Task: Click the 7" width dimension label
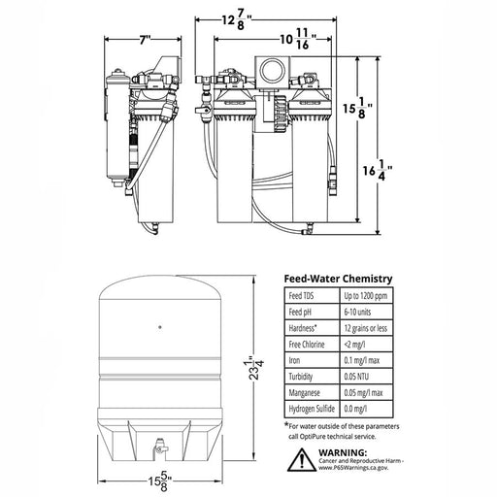coord(145,40)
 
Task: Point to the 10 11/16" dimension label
coord(298,39)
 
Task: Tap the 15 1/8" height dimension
coord(357,108)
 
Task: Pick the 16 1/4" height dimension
coord(378,171)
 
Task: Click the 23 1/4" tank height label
coord(253,368)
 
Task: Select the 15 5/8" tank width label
coord(160,481)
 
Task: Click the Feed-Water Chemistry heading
coord(338,279)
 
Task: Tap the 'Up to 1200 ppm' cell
coord(366,296)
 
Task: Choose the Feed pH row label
coord(300,312)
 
